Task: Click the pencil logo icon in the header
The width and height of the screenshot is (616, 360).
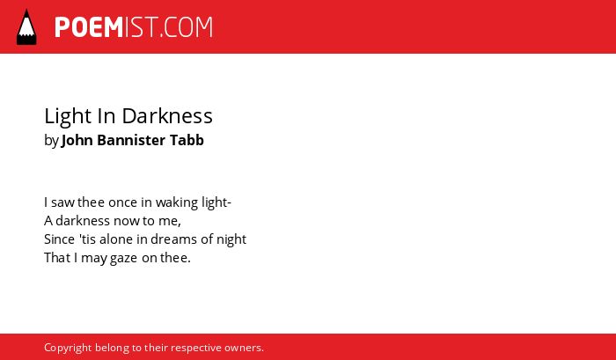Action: [x=26, y=27]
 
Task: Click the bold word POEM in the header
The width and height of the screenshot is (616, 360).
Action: [x=89, y=27]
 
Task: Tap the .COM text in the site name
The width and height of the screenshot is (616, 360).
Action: [x=186, y=27]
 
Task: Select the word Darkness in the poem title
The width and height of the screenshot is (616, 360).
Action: [x=167, y=116]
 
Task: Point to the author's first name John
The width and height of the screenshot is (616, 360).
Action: [x=77, y=140]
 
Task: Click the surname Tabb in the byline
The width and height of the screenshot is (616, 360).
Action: [x=187, y=140]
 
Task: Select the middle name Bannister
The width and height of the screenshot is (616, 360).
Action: [x=131, y=140]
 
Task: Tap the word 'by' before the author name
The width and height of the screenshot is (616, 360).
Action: [x=51, y=141]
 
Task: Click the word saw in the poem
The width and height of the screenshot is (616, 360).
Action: [x=62, y=202]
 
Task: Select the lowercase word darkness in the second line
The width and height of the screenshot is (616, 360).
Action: [x=83, y=221]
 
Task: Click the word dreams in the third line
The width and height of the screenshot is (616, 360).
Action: [x=173, y=239]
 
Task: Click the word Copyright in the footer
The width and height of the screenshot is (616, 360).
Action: [x=68, y=349]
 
